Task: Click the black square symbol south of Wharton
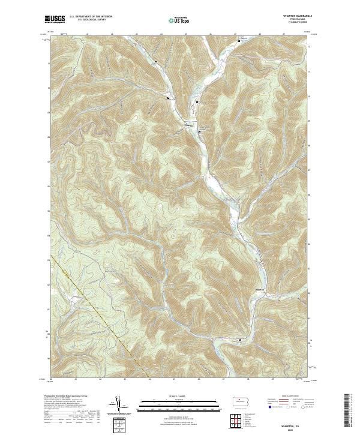tap(240, 340)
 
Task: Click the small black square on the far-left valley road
tap(169, 98)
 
